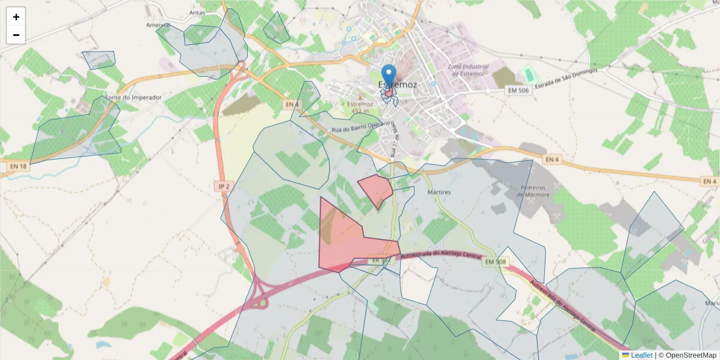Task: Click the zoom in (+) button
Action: [x=16, y=17]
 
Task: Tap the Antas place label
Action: [x=197, y=12]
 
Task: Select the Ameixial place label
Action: [x=158, y=25]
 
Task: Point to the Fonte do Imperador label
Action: [x=133, y=97]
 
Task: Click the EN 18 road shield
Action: [x=19, y=166]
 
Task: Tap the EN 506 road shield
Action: [x=518, y=90]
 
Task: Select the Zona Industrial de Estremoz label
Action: [x=468, y=70]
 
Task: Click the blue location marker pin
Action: [x=389, y=76]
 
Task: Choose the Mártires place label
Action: [x=439, y=192]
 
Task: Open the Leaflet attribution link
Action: [x=641, y=355]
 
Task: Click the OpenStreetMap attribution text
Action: [x=687, y=355]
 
